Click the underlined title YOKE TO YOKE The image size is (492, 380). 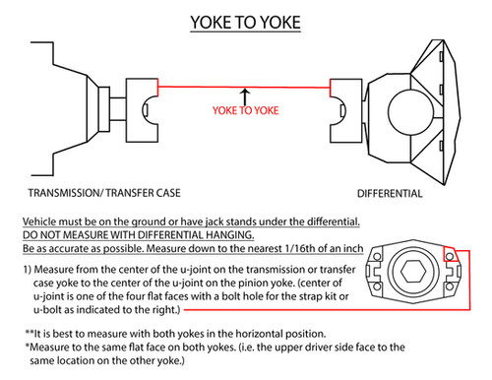pos(245,23)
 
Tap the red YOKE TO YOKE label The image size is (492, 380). pos(245,110)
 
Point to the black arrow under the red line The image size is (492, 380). pos(245,96)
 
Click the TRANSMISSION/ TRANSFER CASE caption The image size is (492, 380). pos(104,193)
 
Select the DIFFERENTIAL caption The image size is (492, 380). pos(390,193)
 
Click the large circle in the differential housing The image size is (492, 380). pos(410,112)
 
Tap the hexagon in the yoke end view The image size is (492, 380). pos(413,271)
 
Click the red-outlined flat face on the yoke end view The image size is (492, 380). pos(451,254)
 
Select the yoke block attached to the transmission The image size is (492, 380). pos(142,110)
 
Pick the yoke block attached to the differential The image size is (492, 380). pos(346,110)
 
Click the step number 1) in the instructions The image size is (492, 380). pos(28,270)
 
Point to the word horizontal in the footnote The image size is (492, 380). pos(259,334)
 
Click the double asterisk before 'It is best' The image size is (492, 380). pos(30,332)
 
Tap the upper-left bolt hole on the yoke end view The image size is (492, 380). pos(377,256)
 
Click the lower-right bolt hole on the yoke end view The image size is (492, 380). pos(450,286)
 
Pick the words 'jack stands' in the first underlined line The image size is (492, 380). pos(231,222)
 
